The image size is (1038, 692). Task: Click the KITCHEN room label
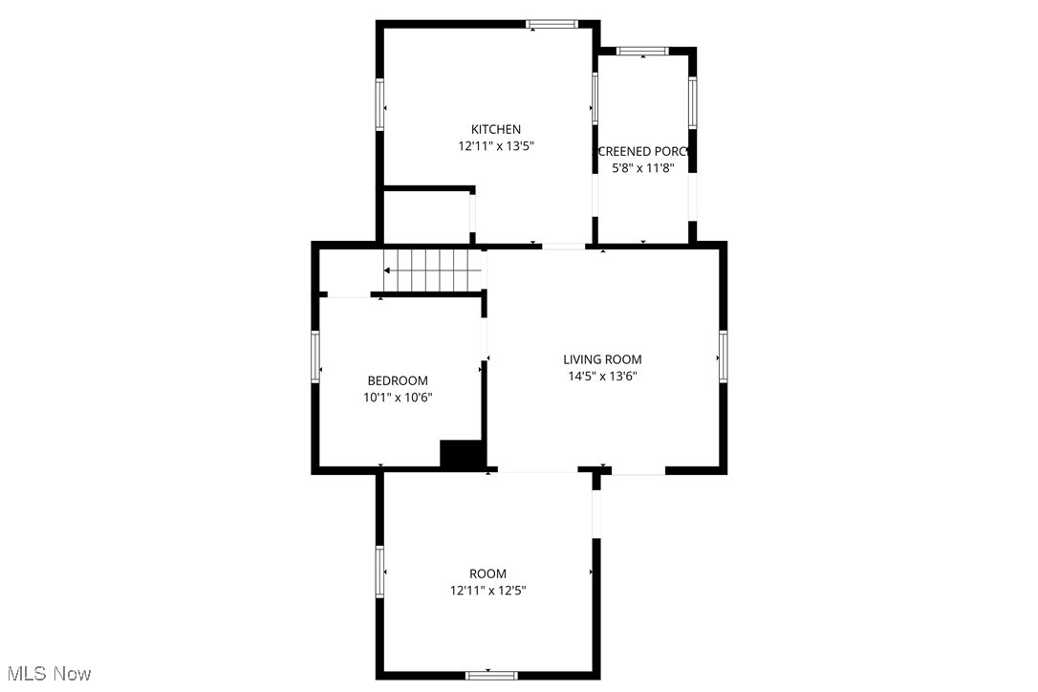[495, 130]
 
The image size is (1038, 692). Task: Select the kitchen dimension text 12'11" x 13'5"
[495, 147]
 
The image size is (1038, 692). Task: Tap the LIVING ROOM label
[602, 359]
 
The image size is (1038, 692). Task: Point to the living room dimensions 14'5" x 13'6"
[602, 377]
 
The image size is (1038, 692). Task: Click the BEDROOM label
[398, 380]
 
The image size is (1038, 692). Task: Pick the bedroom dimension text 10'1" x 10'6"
[398, 398]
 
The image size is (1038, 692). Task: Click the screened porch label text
[643, 151]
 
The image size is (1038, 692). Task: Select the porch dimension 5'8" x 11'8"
[643, 168]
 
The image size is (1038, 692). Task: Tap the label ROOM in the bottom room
[487, 573]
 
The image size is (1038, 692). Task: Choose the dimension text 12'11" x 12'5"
[487, 591]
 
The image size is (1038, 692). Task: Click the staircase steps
[432, 270]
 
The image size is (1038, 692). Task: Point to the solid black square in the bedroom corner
[461, 454]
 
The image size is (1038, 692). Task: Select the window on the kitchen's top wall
[553, 25]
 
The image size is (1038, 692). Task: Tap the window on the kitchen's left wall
[379, 103]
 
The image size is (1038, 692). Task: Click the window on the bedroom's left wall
[315, 357]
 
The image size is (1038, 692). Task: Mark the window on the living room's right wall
[723, 355]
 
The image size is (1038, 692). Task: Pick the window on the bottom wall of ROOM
[491, 675]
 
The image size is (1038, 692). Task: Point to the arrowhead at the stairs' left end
[388, 270]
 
